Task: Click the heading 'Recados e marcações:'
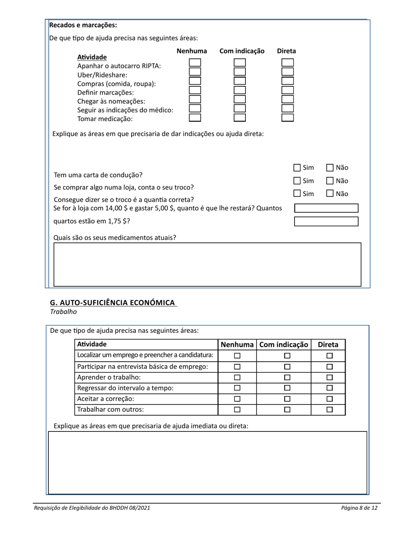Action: (x=83, y=25)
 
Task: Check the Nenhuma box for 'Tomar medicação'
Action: (x=195, y=117)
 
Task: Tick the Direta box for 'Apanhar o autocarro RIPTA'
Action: (x=287, y=63)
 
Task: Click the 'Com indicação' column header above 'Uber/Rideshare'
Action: (x=242, y=51)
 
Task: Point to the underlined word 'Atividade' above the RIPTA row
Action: (x=92, y=57)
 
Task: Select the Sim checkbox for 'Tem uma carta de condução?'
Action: (x=297, y=168)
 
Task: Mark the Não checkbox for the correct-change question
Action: (x=330, y=193)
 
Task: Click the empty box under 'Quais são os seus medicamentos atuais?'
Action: (x=207, y=265)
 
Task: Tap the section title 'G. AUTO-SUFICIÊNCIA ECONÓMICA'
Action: (x=112, y=302)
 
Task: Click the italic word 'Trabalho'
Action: (x=63, y=312)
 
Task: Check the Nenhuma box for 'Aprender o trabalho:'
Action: (x=238, y=377)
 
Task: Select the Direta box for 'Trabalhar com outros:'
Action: (x=329, y=410)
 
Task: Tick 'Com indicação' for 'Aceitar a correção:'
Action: (x=287, y=399)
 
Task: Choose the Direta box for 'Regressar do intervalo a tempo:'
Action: (x=329, y=388)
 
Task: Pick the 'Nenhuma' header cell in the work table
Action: (x=237, y=344)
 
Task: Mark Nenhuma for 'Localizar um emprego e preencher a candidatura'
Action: (x=238, y=356)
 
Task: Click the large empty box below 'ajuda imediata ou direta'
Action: (x=207, y=463)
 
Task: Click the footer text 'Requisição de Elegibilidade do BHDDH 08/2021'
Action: (x=92, y=508)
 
